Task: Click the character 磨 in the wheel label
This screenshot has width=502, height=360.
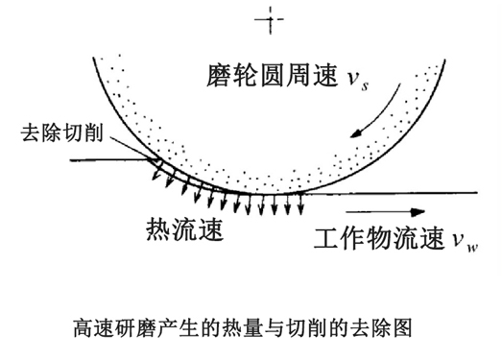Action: click(217, 72)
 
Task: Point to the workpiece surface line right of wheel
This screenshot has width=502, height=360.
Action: click(403, 193)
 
